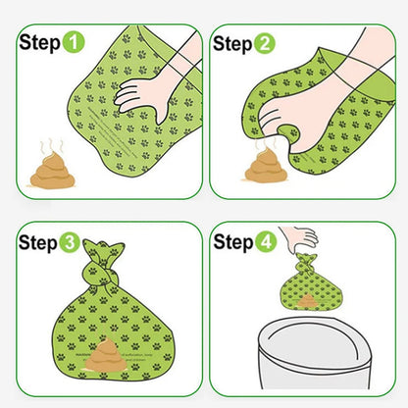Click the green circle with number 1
click(x=75, y=44)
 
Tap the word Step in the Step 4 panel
click(x=231, y=243)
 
